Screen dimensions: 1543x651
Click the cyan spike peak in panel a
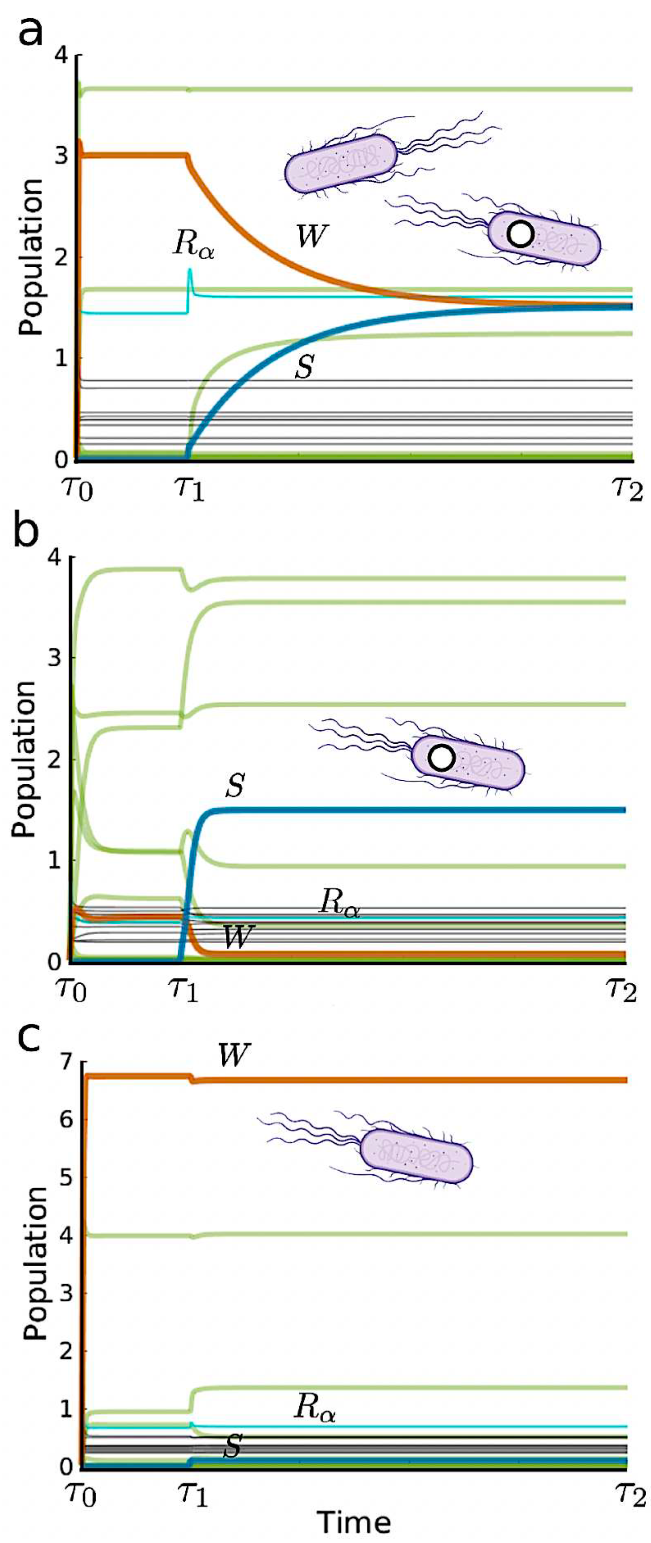[x=190, y=270]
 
